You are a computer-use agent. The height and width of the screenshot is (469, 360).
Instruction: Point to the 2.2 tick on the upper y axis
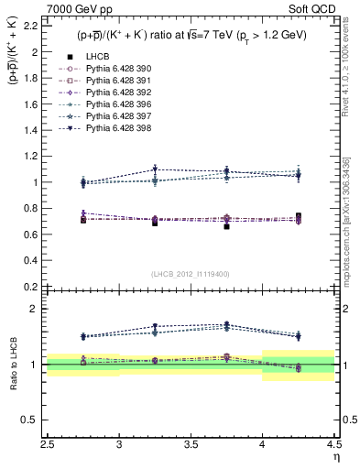point(34,26)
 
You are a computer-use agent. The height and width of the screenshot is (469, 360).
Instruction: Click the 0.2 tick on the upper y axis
point(34,286)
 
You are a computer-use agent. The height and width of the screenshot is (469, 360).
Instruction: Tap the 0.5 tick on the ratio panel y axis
point(34,420)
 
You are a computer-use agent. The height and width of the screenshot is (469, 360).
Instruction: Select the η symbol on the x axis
point(336,455)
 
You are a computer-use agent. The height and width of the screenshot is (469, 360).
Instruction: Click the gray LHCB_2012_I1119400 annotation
point(191,273)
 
